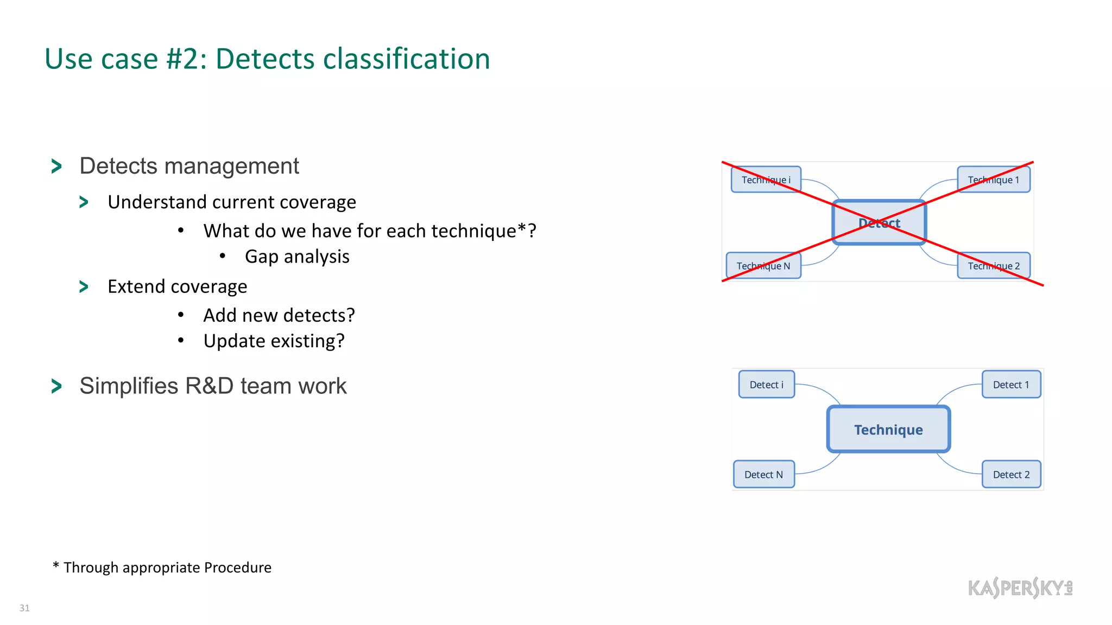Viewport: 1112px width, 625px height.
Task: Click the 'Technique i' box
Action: (766, 180)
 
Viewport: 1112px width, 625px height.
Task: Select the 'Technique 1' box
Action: (993, 180)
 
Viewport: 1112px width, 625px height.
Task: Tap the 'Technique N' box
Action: (763, 266)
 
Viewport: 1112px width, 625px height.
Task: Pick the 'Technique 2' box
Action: (993, 266)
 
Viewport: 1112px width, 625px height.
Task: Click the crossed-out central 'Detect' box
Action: (879, 222)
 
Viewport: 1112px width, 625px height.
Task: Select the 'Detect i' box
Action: (766, 385)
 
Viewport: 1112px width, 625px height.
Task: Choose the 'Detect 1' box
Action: (1011, 385)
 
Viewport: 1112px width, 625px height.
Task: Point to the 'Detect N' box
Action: (763, 475)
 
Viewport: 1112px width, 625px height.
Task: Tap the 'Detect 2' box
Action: (1011, 475)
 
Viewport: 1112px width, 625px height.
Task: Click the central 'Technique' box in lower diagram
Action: (888, 430)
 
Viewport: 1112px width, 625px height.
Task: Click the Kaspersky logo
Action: (1020, 588)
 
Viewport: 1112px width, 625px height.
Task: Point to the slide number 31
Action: (24, 608)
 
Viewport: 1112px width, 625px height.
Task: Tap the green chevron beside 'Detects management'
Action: (56, 166)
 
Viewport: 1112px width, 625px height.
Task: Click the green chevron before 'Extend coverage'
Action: (84, 286)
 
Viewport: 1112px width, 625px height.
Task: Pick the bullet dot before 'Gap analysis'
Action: (222, 256)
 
